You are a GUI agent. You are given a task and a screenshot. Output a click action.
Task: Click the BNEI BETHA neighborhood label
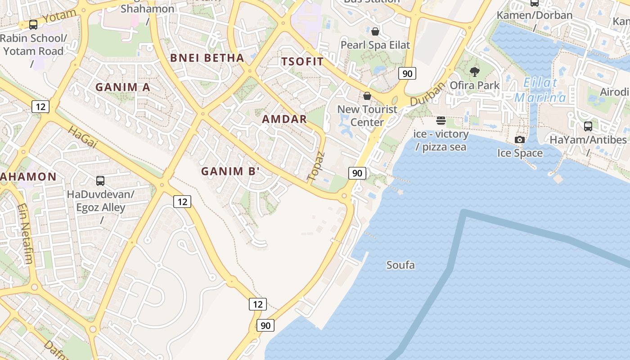click(207, 58)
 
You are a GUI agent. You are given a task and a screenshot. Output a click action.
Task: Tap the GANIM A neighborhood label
click(122, 87)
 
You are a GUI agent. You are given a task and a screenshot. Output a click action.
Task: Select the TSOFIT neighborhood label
click(302, 62)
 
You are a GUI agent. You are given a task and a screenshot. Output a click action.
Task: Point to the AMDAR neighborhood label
click(284, 119)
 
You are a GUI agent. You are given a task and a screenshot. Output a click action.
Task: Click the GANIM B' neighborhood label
click(230, 171)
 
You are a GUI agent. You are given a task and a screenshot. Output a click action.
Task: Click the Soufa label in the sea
click(400, 265)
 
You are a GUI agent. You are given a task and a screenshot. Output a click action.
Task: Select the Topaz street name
click(316, 166)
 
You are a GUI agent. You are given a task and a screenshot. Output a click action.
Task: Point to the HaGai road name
click(83, 137)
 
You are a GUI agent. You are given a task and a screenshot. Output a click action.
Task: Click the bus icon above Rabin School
click(33, 25)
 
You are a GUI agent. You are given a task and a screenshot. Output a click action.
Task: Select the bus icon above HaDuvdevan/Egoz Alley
click(100, 181)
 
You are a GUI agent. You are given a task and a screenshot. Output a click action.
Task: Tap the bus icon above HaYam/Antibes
click(588, 126)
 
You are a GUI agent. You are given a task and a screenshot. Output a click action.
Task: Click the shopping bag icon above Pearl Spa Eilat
click(375, 31)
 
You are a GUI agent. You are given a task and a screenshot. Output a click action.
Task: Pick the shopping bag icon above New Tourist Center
click(367, 96)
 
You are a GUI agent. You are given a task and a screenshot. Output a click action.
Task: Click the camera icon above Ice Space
click(520, 140)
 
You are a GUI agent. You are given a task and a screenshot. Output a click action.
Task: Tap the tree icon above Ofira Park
click(474, 72)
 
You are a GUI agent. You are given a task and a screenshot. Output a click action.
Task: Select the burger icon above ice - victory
click(441, 121)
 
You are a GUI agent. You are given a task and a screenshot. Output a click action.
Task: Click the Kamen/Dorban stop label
click(535, 15)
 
